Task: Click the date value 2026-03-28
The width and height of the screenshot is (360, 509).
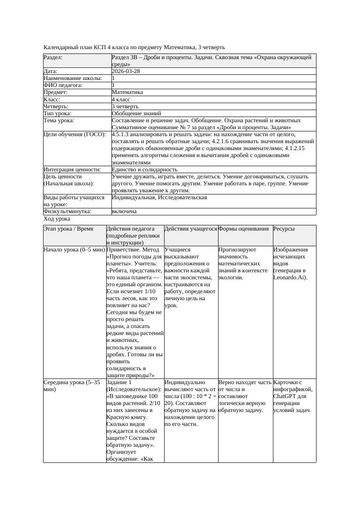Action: tap(126, 71)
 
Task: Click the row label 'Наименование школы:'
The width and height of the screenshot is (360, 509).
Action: tap(73, 78)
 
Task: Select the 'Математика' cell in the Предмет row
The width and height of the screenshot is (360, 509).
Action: tap(127, 92)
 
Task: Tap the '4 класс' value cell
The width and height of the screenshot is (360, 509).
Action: tap(121, 100)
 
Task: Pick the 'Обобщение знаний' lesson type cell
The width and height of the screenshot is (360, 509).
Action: tap(134, 114)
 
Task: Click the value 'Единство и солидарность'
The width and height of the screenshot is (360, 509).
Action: tap(145, 170)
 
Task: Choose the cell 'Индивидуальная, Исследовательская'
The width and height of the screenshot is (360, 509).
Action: tap(159, 198)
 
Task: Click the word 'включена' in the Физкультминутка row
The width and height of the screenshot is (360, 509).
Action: tap(124, 211)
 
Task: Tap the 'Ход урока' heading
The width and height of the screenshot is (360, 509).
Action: tap(57, 219)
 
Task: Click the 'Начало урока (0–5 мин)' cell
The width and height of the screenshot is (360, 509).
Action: tap(74, 250)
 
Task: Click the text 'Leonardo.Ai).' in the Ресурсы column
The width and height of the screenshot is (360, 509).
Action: tap(290, 278)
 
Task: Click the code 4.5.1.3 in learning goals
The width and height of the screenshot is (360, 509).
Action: tap(121, 135)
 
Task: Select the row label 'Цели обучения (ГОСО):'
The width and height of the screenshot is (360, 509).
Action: tap(74, 135)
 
